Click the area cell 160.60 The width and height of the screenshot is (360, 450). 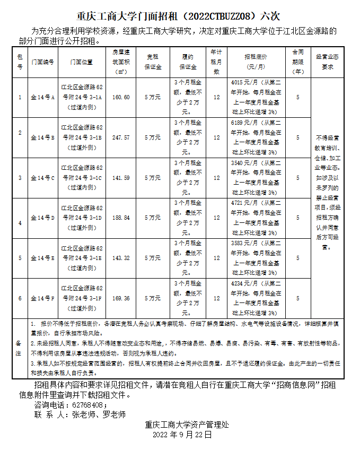[121, 98]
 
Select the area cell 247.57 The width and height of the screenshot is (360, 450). [121, 137]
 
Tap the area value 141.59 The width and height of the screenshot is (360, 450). [121, 178]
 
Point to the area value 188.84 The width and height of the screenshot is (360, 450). [121, 218]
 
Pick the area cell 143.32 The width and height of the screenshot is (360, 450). [121, 258]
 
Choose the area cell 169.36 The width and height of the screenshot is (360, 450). [121, 298]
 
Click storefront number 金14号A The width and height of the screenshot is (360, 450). [42, 98]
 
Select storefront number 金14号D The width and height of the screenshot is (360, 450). [42, 218]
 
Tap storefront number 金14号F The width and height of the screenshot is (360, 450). [42, 298]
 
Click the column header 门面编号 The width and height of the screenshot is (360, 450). [42, 62]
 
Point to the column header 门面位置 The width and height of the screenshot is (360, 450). [82, 62]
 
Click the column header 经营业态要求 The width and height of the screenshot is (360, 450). [327, 62]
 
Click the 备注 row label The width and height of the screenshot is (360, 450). [19, 348]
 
